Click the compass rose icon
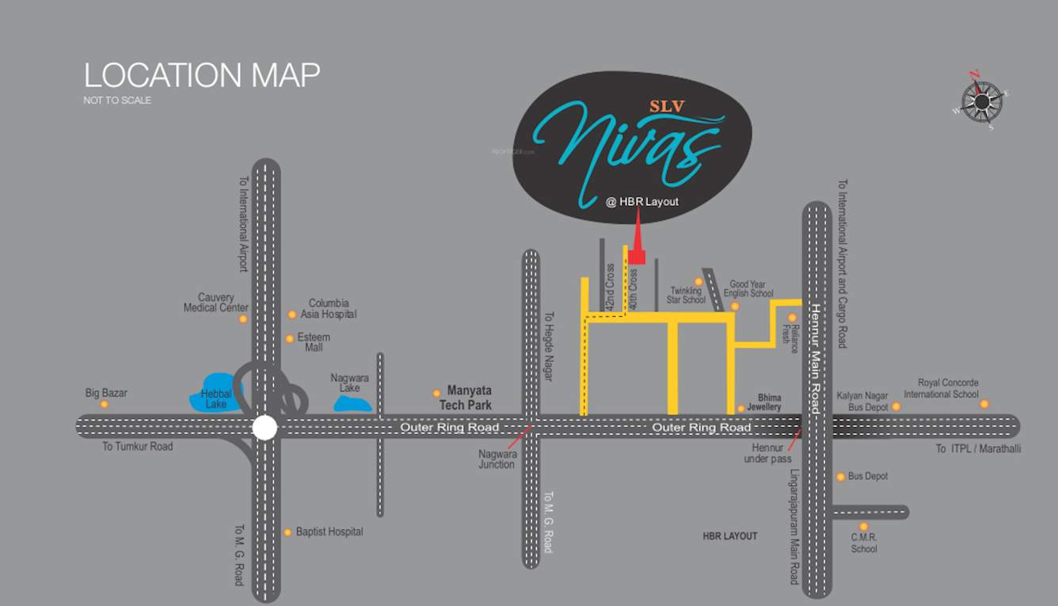tap(982, 101)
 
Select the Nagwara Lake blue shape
tap(352, 403)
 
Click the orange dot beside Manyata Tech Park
tap(436, 393)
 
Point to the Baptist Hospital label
tap(329, 532)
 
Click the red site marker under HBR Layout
tap(637, 255)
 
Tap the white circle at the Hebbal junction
tap(264, 428)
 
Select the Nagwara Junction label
tap(497, 459)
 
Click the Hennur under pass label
tap(767, 453)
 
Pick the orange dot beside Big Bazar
tap(104, 405)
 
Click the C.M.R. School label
tap(864, 543)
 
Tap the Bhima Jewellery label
tap(764, 402)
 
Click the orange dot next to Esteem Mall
tap(290, 339)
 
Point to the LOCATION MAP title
tap(202, 75)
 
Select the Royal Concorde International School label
tap(941, 389)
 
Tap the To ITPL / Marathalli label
tap(978, 448)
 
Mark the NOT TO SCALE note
tap(117, 101)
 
